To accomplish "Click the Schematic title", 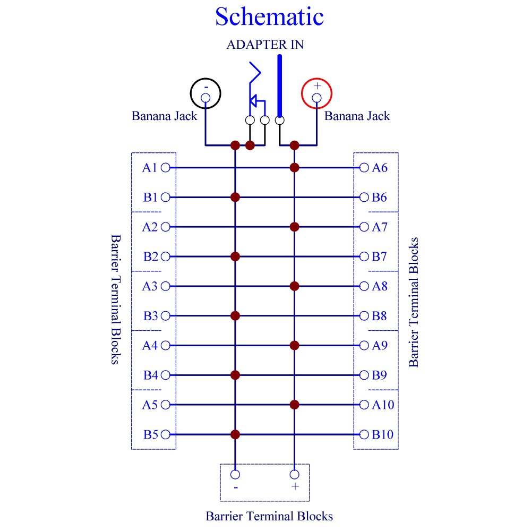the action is [x=269, y=16].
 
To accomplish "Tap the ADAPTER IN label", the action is [x=265, y=45].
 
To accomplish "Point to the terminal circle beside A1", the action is [x=165, y=168].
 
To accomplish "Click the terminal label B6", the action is [x=379, y=198].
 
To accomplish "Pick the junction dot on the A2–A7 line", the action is [x=294, y=227].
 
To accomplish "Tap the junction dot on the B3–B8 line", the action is [x=235, y=316].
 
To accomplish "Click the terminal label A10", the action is [x=383, y=405].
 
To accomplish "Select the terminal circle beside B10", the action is [x=364, y=434].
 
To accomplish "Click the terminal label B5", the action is [x=151, y=435].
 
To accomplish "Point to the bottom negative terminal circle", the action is [x=235, y=474].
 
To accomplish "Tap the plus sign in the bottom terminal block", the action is [x=295, y=486].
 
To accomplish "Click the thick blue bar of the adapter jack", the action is [x=279, y=86].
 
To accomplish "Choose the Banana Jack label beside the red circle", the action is [x=357, y=116].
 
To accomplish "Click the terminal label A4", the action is [x=150, y=346].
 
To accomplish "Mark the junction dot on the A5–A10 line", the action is [x=294, y=405].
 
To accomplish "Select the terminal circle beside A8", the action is [x=364, y=286].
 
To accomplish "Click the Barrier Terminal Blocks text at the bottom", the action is [x=269, y=516].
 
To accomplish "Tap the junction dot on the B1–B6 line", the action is [x=235, y=197].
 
